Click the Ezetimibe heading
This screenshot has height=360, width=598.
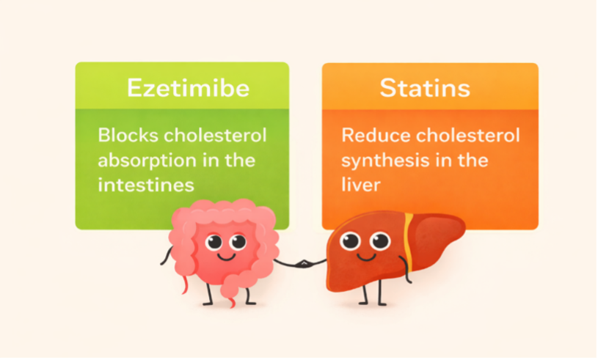(188, 89)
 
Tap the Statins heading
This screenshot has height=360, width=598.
(425, 89)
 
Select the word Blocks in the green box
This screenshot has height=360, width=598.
(128, 135)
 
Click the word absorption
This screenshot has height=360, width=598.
(147, 161)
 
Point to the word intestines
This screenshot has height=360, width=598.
(146, 185)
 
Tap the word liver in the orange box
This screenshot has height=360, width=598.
(361, 185)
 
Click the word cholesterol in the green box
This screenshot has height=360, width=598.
(215, 135)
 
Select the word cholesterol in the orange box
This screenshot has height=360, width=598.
(468, 135)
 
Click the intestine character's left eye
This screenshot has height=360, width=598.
(214, 242)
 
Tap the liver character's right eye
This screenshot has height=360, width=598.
(380, 240)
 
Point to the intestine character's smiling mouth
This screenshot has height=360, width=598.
(226, 257)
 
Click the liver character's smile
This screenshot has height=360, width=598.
(365, 257)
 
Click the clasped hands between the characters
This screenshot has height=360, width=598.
(303, 264)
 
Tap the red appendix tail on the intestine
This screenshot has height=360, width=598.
(185, 284)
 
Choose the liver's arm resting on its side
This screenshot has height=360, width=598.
(406, 270)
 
